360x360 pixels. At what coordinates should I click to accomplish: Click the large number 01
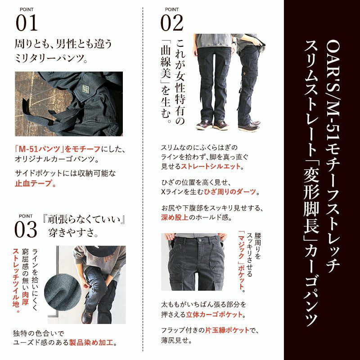(x=27, y=23)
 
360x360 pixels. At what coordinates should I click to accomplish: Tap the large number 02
(x=172, y=23)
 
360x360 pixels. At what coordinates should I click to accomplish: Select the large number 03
(x=26, y=229)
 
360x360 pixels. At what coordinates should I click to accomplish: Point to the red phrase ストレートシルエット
(x=211, y=166)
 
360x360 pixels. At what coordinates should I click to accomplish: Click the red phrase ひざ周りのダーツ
(x=230, y=192)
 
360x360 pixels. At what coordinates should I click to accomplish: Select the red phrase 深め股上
(x=175, y=217)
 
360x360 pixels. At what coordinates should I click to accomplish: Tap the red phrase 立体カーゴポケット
(x=214, y=315)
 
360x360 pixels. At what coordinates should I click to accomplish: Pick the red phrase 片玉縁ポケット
(x=227, y=330)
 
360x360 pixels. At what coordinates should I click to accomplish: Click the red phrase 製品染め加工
(x=91, y=342)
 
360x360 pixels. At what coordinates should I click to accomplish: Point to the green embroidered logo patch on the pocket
(x=85, y=88)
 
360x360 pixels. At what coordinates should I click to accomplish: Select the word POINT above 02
(x=172, y=9)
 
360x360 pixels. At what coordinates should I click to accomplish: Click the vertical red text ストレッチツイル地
(x=16, y=280)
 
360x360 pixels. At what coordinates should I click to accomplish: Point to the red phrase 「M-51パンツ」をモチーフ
(x=58, y=149)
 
